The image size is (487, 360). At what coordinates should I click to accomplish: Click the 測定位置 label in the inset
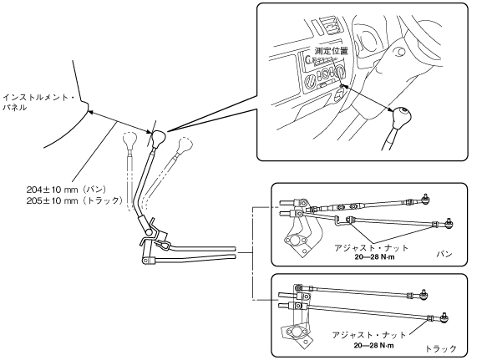click(332, 51)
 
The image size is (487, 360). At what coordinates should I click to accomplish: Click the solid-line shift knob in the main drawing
click(159, 138)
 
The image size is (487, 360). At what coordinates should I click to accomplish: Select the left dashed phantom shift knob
click(129, 140)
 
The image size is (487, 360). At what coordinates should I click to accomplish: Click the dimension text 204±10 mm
click(52, 190)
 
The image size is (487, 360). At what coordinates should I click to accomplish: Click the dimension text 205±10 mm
click(52, 200)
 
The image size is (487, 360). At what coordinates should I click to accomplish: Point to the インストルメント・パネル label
click(38, 103)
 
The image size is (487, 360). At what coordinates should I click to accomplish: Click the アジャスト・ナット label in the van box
click(371, 248)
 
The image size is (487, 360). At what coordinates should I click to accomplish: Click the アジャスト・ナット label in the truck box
click(369, 335)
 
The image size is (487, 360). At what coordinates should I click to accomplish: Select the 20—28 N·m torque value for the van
click(374, 257)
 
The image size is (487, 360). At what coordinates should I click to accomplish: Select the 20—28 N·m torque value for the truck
click(374, 345)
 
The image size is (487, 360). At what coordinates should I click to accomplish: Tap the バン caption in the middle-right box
click(444, 254)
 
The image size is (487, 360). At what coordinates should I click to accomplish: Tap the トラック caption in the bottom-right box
click(441, 349)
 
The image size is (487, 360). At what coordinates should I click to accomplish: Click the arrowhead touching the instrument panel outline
click(91, 113)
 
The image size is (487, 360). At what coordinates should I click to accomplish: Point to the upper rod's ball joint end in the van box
click(425, 199)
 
